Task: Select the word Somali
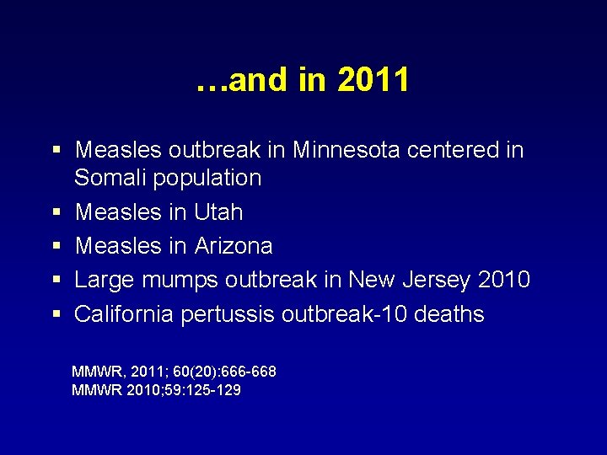[105, 178]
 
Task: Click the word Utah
[218, 212]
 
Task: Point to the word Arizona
[234, 246]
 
